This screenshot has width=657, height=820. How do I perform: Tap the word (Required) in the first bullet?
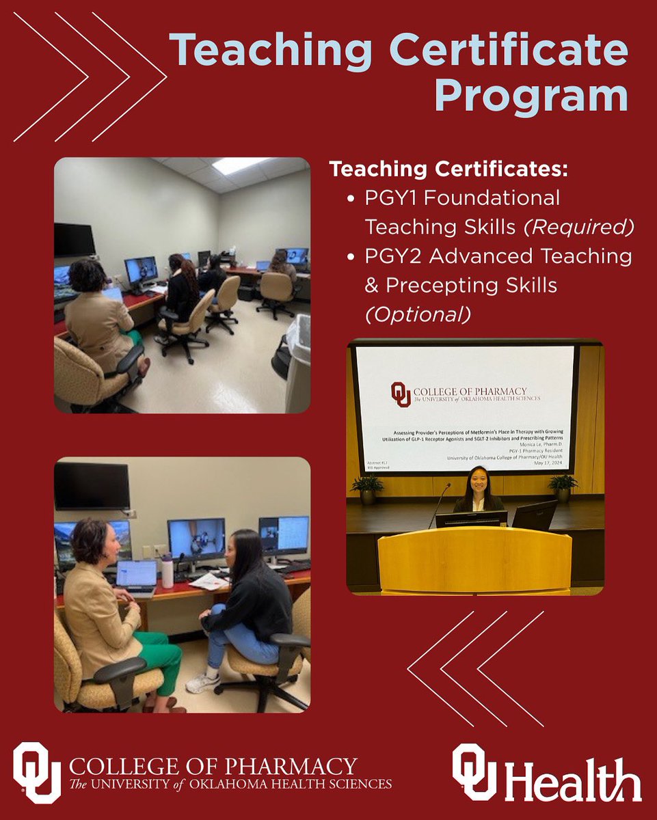[x=578, y=226]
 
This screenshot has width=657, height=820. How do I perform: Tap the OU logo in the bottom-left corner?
[x=37, y=771]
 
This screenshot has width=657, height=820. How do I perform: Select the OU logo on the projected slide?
[x=401, y=394]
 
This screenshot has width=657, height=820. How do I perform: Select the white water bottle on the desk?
[x=167, y=573]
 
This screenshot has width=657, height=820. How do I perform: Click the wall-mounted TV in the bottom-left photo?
[x=92, y=486]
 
